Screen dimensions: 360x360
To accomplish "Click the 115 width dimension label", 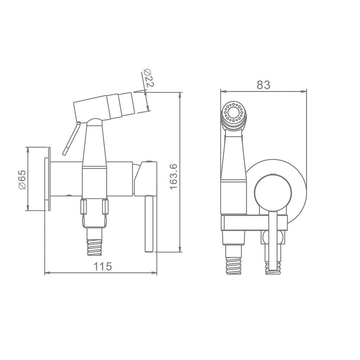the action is coord(103,266).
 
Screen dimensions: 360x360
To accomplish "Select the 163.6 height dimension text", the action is coord(174,177).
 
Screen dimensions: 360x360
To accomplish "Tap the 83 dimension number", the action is coord(264,85).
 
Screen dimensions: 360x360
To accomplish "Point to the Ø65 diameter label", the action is coord(22,180).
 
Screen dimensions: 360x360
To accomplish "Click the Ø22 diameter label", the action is coord(148,78).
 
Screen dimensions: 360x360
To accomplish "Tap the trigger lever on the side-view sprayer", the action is coord(72,139).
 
